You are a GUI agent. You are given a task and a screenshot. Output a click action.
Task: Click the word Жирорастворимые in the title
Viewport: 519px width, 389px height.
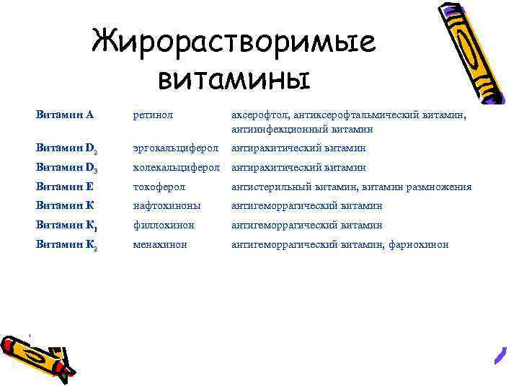coord(234,43)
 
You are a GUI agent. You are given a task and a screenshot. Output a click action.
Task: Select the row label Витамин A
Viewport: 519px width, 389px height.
coord(65,114)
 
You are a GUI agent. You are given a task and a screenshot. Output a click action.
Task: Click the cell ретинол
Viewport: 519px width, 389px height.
coord(154,114)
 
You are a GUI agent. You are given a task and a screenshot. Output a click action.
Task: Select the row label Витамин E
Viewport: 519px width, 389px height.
coord(65,187)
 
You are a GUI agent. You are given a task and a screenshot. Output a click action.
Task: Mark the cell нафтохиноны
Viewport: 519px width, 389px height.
coord(166,206)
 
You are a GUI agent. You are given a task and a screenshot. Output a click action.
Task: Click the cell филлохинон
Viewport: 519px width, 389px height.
coord(164,225)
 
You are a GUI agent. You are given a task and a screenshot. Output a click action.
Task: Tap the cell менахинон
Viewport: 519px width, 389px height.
coord(160,245)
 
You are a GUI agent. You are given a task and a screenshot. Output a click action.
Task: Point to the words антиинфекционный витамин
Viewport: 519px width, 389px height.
coord(302,130)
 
